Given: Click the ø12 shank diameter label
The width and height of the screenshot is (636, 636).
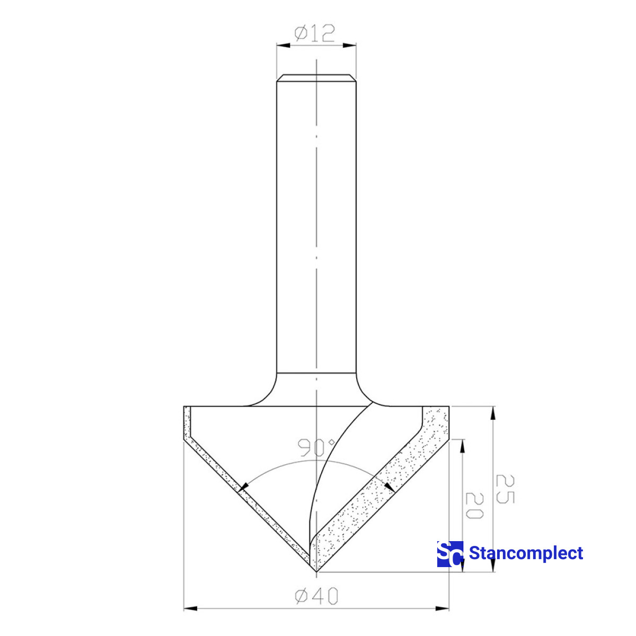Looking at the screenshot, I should coord(315,34).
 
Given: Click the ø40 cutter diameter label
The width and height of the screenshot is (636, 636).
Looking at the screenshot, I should coord(316,596).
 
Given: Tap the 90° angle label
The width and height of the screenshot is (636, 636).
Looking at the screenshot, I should coord(316,448).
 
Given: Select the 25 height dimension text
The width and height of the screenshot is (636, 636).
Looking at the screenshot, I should coord(504,489).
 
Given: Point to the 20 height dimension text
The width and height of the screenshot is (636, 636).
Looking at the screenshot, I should coord(474,506).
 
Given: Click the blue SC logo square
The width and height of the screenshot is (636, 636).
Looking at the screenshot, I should coord(450,554).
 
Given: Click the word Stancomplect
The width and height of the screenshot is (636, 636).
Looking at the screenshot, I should coord(526,553).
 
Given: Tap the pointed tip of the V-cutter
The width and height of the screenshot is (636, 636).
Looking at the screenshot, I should coord(316,572).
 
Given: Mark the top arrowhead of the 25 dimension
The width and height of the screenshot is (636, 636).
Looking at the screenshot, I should coord(493,413).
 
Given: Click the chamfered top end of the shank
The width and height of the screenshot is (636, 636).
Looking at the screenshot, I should coord(316,77).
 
